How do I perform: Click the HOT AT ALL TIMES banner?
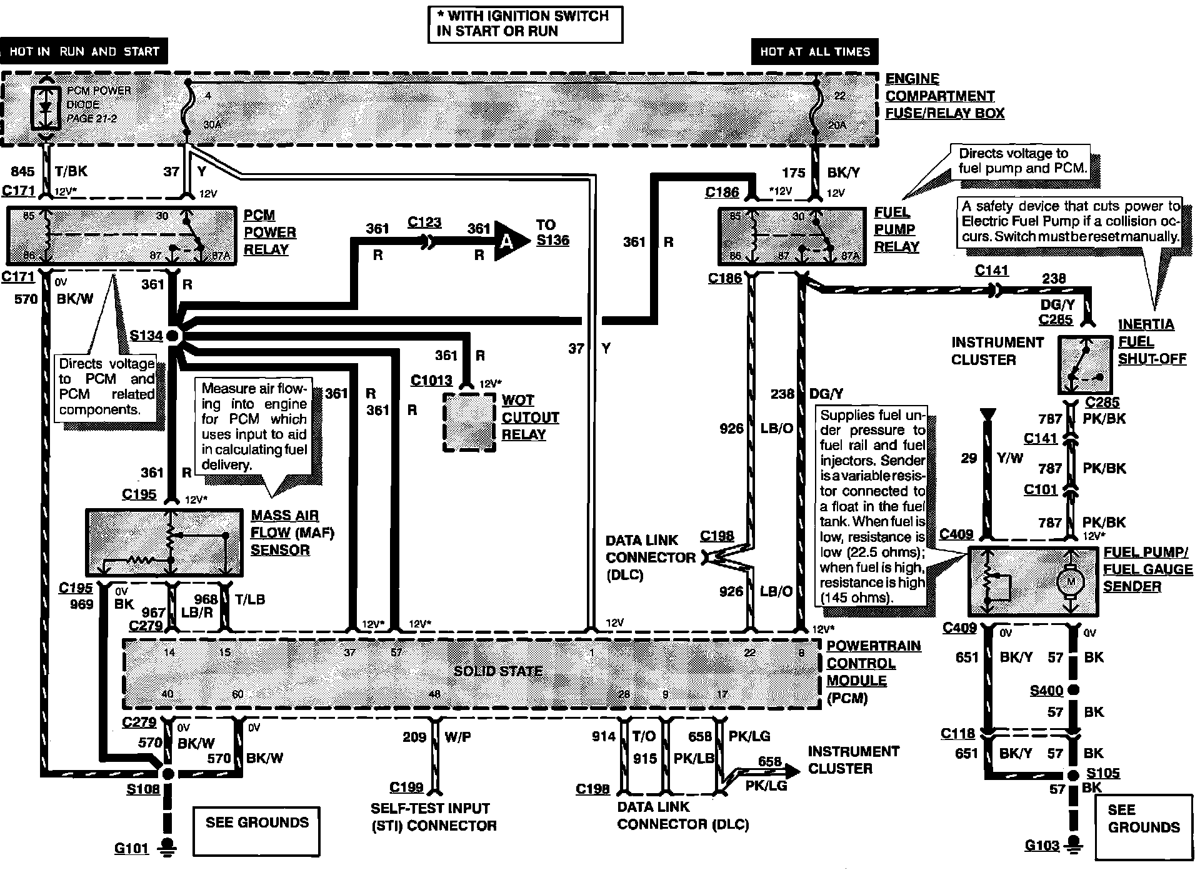tap(814, 52)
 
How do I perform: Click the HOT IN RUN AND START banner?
tap(84, 52)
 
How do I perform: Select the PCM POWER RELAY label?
tap(269, 232)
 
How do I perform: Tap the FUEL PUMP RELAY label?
tap(896, 229)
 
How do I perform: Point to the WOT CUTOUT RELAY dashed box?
tap(469, 422)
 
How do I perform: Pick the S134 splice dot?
tap(172, 336)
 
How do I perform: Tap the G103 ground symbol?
tap(1074, 844)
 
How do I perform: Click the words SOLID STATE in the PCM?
tap(497, 671)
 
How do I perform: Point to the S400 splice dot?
tap(1073, 690)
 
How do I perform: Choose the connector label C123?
tap(424, 222)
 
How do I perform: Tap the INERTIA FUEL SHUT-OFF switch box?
tap(1085, 365)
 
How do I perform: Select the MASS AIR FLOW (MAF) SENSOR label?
tap(292, 532)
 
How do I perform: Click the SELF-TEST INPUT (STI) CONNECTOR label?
tap(433, 817)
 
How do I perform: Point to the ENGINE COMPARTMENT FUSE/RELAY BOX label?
tap(944, 96)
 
